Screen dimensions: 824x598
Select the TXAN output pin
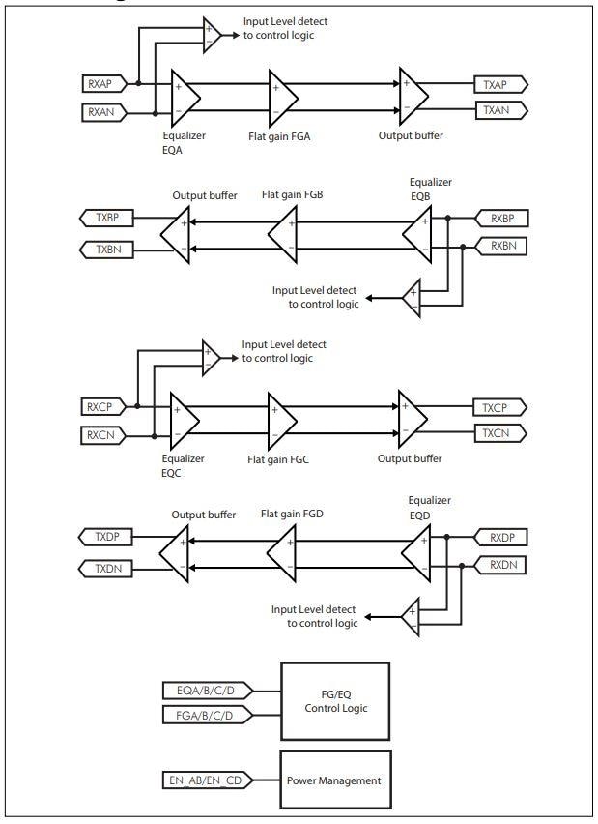coord(499,111)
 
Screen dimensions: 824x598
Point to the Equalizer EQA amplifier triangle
coord(184,97)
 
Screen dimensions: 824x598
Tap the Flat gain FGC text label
coord(276,458)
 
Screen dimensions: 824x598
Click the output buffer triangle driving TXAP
coord(413,97)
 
